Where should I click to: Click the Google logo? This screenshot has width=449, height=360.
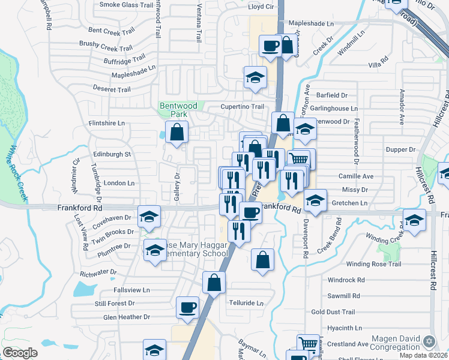20,353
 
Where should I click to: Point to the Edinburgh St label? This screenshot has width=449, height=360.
110,154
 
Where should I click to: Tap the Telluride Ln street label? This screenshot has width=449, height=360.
246,303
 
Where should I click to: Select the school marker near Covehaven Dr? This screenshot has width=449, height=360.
149,217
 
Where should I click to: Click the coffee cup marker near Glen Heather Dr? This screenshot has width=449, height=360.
188,307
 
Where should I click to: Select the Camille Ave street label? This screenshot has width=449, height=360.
356,176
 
